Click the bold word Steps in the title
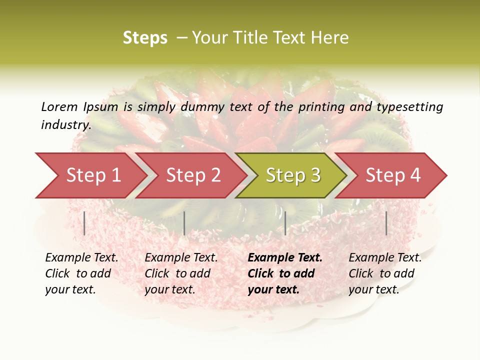[145, 38]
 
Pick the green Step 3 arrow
[293, 175]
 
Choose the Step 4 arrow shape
[393, 175]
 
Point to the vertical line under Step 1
[84, 223]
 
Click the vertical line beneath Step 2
[184, 223]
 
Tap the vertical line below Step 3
[285, 223]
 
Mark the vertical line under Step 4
[386, 223]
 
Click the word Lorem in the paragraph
[59, 106]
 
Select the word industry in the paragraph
[65, 125]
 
